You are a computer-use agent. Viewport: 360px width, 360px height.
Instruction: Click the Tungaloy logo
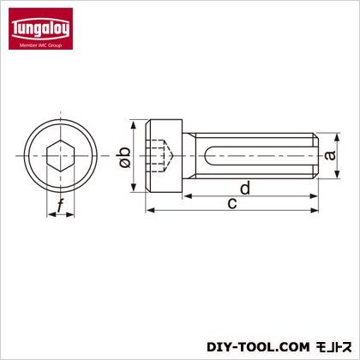pyautogui.click(x=40, y=28)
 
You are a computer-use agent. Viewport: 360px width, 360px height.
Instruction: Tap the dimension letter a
pyautogui.click(x=330, y=156)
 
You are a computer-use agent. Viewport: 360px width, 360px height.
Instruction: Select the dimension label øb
pyautogui.click(x=125, y=157)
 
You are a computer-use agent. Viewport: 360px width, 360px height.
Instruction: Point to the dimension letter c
pyautogui.click(x=232, y=203)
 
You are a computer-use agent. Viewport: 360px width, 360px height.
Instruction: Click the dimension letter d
pyautogui.click(x=245, y=188)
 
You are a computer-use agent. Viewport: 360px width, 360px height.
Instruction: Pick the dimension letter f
pyautogui.click(x=60, y=207)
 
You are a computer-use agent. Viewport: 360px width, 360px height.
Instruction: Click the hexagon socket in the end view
pyautogui.click(x=60, y=156)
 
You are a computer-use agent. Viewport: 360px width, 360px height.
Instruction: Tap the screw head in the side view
pyautogui.click(x=165, y=156)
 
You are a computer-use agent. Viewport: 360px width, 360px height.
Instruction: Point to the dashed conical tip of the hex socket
pyautogui.click(x=170, y=156)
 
